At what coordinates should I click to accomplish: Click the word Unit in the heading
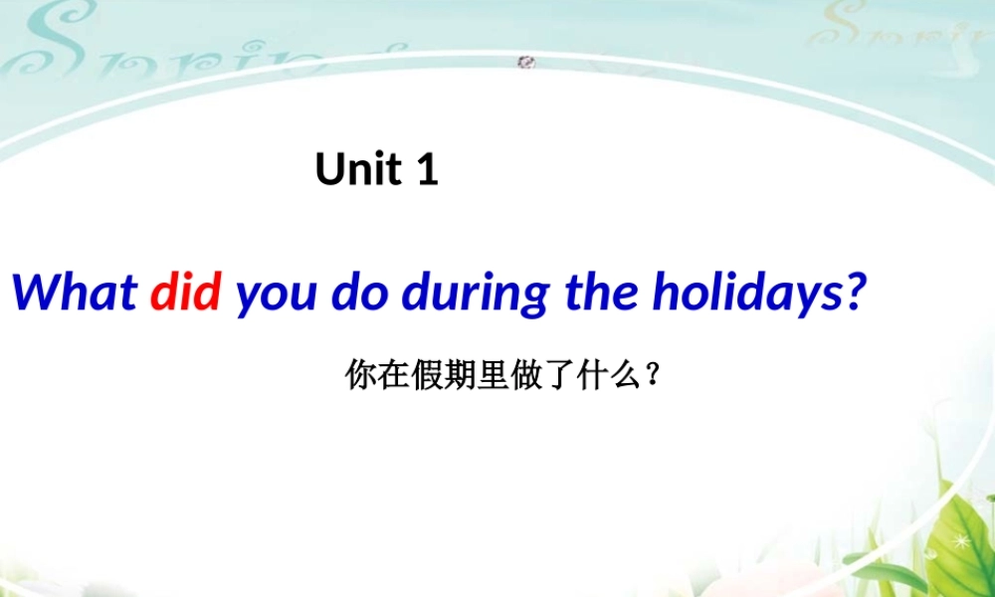(x=358, y=169)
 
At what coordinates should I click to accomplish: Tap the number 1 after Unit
(x=426, y=170)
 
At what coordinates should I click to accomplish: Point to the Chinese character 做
(x=527, y=376)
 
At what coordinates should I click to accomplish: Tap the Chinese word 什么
(x=612, y=376)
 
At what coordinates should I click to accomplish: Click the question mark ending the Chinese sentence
(x=653, y=376)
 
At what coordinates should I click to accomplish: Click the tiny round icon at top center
(x=527, y=63)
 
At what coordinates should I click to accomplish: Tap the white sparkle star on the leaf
(x=961, y=543)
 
